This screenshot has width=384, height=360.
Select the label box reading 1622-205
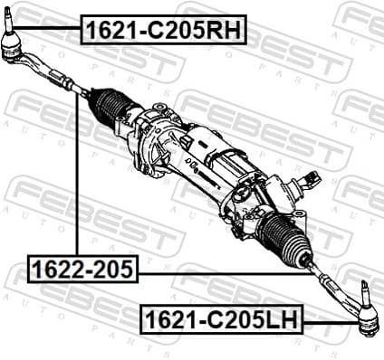pos(82,268)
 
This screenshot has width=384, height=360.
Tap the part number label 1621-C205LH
pos(221,317)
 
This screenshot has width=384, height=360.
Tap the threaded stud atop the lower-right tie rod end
pos(365,291)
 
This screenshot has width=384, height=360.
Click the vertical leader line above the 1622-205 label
pos(77,181)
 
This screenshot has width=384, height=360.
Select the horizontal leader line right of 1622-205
pos(226,270)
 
